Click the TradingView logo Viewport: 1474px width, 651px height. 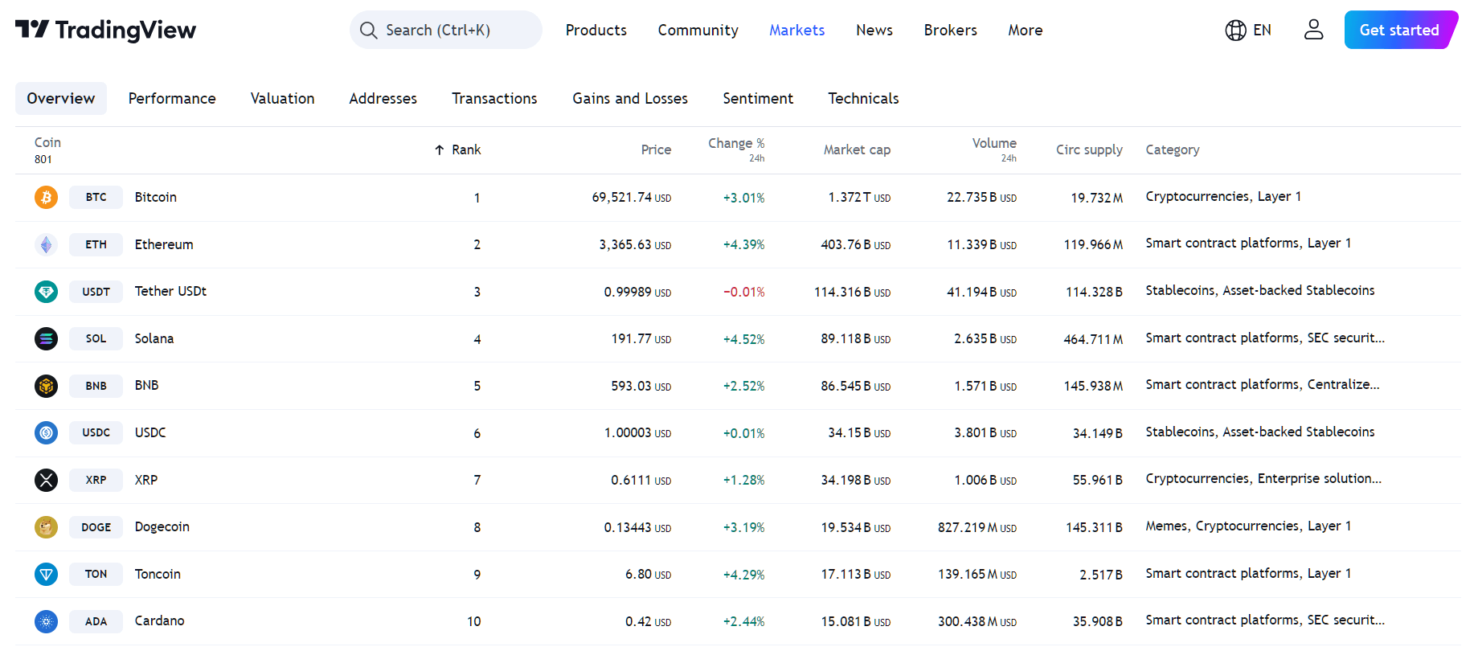coord(105,30)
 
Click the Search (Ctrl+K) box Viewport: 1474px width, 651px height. coord(445,30)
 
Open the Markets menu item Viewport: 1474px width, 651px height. coord(796,30)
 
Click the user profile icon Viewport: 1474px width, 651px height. coord(1313,30)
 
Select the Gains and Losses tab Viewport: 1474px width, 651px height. coord(629,98)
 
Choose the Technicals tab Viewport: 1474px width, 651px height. coord(863,98)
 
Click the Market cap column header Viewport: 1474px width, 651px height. coord(857,149)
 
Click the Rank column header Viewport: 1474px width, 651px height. coord(465,149)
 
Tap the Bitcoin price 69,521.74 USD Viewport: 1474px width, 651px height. coord(631,198)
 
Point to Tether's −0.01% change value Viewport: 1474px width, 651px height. coord(743,292)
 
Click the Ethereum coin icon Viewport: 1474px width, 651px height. coord(46,244)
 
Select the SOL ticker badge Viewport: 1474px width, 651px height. coord(96,338)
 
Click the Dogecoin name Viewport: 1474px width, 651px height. coord(162,526)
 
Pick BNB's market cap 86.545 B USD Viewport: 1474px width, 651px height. coord(855,386)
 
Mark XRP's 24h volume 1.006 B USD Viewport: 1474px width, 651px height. coord(985,480)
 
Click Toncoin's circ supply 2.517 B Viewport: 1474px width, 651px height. coord(1100,575)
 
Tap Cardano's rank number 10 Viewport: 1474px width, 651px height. coord(474,621)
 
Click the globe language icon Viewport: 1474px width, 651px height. coord(1235,30)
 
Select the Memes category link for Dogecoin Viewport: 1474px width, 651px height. coord(1166,526)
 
